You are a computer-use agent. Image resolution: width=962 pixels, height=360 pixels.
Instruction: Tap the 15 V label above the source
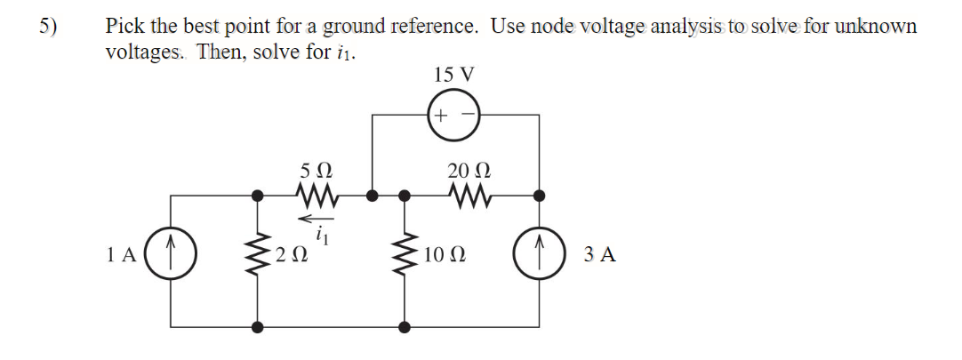pos(453,75)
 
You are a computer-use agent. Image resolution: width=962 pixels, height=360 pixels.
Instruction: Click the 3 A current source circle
pos(540,254)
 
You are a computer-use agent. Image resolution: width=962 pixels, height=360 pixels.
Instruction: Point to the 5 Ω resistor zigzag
pos(315,196)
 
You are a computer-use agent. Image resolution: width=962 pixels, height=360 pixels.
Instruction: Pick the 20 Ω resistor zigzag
pos(470,196)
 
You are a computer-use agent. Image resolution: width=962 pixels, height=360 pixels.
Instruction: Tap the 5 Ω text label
pos(317,170)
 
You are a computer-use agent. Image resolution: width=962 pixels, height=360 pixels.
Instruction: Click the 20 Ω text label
pos(469,170)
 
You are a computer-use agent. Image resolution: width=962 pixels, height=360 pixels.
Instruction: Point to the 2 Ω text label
pos(292,254)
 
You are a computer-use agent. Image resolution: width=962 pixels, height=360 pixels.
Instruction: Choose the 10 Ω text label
pos(445,254)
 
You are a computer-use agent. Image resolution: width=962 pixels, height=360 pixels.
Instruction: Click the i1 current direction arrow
pos(316,218)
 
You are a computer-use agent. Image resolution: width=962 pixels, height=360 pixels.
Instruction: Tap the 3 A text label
pos(600,254)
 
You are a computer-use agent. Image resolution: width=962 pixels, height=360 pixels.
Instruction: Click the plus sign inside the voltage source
pos(440,116)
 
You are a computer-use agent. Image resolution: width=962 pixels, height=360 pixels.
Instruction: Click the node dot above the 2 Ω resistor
pos(258,196)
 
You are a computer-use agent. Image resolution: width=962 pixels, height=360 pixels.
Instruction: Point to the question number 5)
pos(49,27)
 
